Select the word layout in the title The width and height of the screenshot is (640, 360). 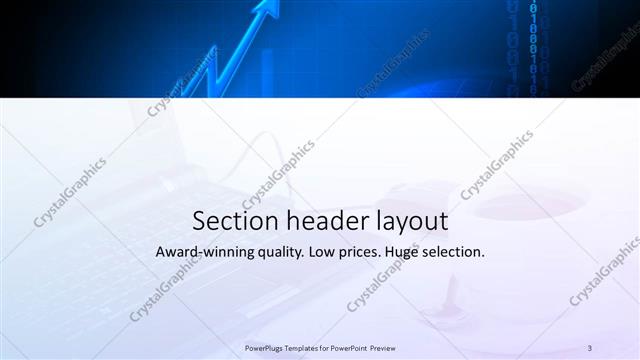[406, 221]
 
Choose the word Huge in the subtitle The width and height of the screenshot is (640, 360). [412, 253]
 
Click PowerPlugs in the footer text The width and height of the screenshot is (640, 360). [265, 347]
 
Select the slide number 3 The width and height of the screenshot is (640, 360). [590, 347]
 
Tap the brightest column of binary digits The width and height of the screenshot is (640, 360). [533, 45]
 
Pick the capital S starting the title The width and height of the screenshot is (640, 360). [198, 220]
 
